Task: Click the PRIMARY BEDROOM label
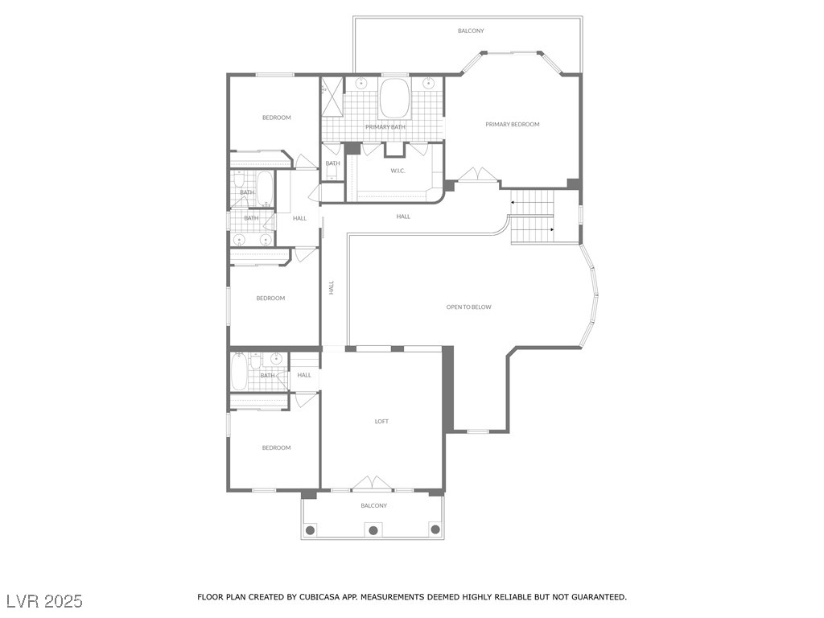pos(513,125)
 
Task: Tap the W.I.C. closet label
pos(398,171)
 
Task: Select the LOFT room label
pos(381,422)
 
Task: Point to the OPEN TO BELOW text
pos(469,307)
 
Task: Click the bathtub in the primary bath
pos(395,99)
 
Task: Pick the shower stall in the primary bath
pos(332,97)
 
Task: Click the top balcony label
pos(471,31)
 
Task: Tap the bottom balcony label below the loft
pos(373,505)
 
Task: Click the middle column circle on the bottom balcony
pos(373,529)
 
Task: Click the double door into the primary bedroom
pos(479,175)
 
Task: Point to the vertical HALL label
pos(332,287)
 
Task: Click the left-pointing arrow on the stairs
pos(513,202)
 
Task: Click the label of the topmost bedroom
pos(277,117)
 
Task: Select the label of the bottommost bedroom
pos(277,447)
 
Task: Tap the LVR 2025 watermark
pos(45,601)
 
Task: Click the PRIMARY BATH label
pos(385,127)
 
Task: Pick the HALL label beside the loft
pos(304,375)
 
